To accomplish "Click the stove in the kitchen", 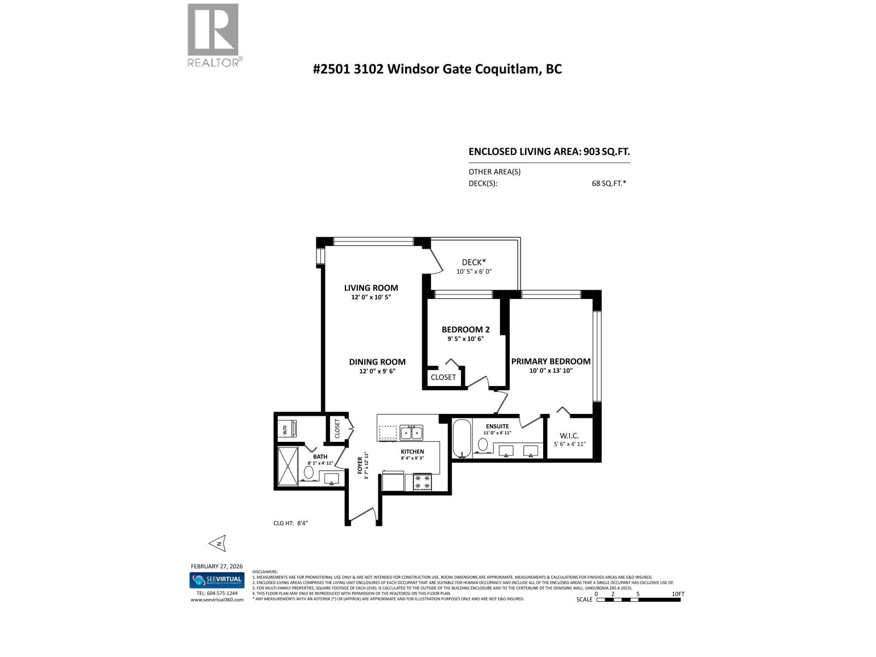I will [x=422, y=482].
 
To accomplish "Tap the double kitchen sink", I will [x=411, y=433].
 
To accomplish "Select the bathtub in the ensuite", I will [x=462, y=438].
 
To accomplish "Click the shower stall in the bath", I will [x=287, y=466].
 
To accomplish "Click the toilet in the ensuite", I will [x=483, y=445].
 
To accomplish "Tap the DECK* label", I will [x=474, y=262].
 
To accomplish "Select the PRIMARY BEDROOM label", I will [x=550, y=361].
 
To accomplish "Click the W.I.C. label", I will [x=569, y=436].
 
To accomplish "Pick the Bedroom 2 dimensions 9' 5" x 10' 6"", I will [x=465, y=339].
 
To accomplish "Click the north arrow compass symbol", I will [x=217, y=543].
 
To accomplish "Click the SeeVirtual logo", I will [x=217, y=580].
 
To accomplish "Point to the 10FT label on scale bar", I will [x=677, y=594].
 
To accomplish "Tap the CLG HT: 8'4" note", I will [x=291, y=523].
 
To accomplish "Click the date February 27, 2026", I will [x=216, y=566].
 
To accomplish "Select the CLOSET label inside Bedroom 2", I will [x=443, y=377].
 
